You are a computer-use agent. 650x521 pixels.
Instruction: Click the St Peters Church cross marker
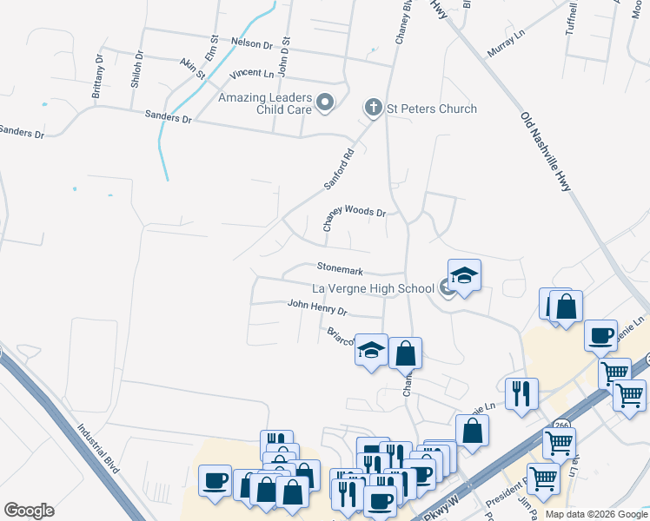(374, 108)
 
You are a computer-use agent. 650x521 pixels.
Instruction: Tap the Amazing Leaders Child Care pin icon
(326, 103)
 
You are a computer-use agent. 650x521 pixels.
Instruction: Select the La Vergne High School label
(373, 288)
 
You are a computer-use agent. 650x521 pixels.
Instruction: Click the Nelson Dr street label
(252, 43)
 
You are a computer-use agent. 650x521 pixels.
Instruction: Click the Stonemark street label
(340, 271)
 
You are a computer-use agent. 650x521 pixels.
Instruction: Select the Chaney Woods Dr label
(354, 216)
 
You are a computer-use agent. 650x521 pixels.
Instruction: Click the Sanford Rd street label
(340, 169)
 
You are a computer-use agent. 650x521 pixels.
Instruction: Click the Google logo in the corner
(29, 510)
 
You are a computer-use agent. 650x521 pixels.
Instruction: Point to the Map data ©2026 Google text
(596, 514)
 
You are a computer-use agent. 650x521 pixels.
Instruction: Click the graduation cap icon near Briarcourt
(372, 351)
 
